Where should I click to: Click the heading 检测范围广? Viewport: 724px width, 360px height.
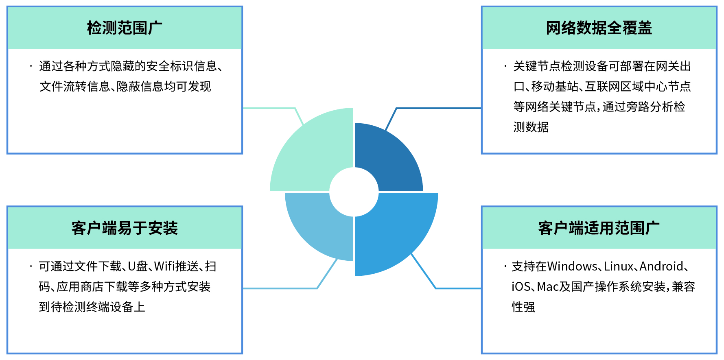click(125, 28)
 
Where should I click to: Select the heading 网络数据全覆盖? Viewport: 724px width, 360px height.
click(599, 28)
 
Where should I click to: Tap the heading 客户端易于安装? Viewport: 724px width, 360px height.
click(125, 228)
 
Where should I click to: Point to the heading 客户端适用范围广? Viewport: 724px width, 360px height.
click(599, 228)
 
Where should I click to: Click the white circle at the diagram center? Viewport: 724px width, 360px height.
click(354, 192)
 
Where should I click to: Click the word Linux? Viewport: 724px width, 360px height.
click(619, 266)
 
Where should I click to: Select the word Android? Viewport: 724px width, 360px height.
click(661, 266)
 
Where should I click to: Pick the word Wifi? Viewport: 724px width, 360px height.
click(164, 266)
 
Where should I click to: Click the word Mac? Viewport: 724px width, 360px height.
click(548, 287)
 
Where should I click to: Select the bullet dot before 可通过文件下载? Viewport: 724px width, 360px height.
click(31, 266)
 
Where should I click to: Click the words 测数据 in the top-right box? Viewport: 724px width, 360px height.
click(531, 127)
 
